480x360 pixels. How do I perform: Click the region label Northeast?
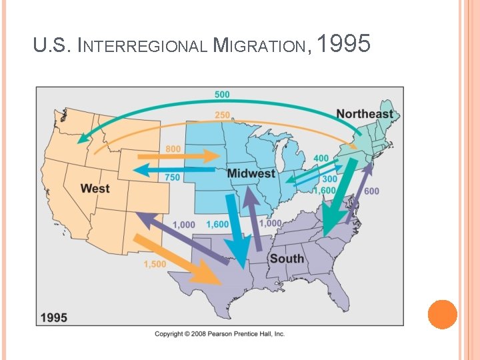365,114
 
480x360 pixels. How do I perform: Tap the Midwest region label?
251,174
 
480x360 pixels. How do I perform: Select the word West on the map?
95,189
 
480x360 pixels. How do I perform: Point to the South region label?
287,259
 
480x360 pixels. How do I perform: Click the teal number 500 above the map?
222,95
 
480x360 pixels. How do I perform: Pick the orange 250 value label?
222,115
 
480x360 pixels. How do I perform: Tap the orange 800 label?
173,149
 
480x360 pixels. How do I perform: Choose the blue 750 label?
172,177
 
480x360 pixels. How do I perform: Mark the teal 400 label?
321,158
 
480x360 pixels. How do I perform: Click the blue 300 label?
329,179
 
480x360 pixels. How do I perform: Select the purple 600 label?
371,191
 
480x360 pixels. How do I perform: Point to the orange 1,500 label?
156,265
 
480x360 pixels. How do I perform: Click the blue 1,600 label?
217,225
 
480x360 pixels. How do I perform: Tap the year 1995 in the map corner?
53,317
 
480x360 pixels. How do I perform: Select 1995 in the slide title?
343,45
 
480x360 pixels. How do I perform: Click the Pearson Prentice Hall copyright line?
219,334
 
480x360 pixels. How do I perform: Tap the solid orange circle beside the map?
442,314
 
